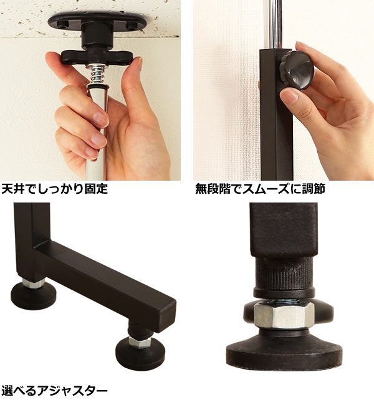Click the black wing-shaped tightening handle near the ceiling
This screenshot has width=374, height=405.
98,57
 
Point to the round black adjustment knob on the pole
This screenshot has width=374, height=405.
297,70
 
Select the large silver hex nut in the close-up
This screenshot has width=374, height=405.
284,316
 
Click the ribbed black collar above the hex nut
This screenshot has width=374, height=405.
284,278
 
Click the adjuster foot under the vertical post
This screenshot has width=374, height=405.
33,293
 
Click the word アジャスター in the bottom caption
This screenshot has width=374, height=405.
72,391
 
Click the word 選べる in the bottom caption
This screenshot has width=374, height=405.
18,391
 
